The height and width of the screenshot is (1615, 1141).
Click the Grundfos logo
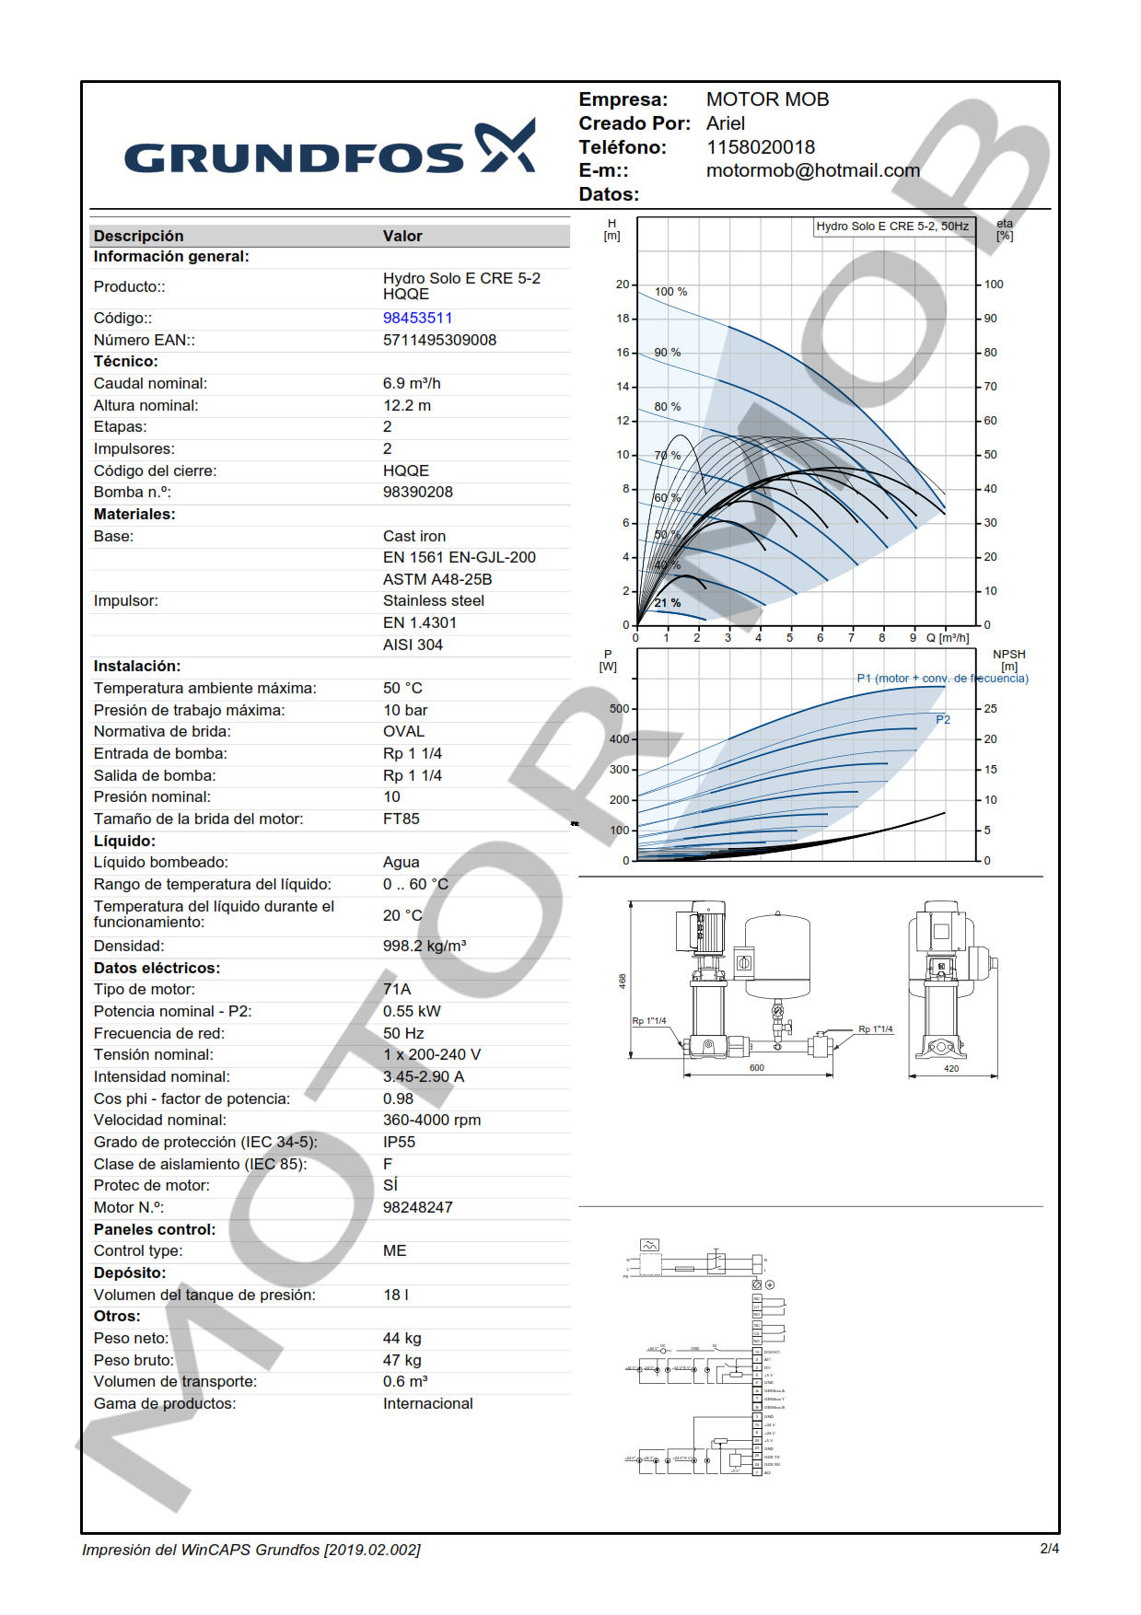[x=330, y=149]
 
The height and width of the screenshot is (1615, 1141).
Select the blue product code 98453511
[x=417, y=318]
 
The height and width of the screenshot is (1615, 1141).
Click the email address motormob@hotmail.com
[x=812, y=170]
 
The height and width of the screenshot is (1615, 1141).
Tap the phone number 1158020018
[x=760, y=147]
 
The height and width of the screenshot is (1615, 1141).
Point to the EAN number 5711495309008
[x=439, y=340]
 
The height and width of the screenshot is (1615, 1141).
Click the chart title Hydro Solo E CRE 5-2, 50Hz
[x=891, y=227]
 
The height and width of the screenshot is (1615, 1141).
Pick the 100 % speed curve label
[x=670, y=292]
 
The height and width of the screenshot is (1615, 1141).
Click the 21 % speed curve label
[x=668, y=603]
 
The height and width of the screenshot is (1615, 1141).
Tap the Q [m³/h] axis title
[x=947, y=638]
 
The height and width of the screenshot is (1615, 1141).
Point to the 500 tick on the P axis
[x=619, y=709]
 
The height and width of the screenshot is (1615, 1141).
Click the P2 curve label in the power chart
[x=942, y=720]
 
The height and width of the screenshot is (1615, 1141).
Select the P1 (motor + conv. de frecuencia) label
[x=942, y=679]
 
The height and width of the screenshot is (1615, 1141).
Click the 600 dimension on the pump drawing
[x=756, y=1068]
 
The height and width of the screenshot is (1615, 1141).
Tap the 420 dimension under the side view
[x=951, y=1069]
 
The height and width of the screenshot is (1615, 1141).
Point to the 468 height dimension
[x=623, y=981]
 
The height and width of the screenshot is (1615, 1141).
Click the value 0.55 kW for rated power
[x=412, y=1011]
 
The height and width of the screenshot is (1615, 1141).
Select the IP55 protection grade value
[x=399, y=1142]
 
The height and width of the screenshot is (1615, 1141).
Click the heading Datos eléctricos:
[x=157, y=968]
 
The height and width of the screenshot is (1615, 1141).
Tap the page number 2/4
[x=1049, y=1549]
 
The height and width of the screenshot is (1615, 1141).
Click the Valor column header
[x=402, y=236]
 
